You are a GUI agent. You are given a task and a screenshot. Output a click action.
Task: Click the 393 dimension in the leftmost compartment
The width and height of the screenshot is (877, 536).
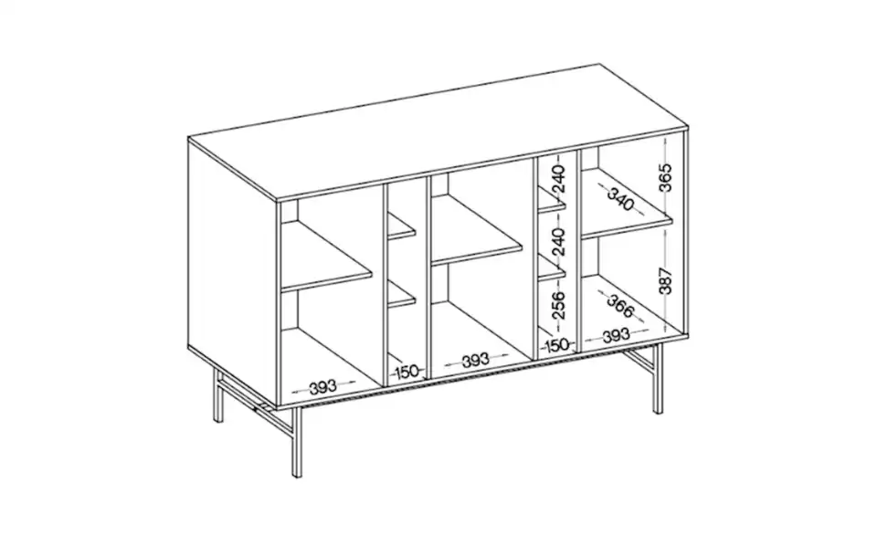coord(322,387)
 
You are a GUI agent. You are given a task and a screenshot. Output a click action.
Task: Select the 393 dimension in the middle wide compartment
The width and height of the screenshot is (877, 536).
coord(475,361)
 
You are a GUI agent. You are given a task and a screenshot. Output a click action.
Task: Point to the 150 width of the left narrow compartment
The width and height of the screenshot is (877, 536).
coord(407,372)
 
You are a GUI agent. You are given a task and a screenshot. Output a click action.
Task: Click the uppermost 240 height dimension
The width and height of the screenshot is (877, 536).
coord(558,179)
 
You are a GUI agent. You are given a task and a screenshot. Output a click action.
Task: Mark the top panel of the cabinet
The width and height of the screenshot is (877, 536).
coord(438,128)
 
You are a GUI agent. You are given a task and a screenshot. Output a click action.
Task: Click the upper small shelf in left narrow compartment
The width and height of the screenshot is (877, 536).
coord(402,229)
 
